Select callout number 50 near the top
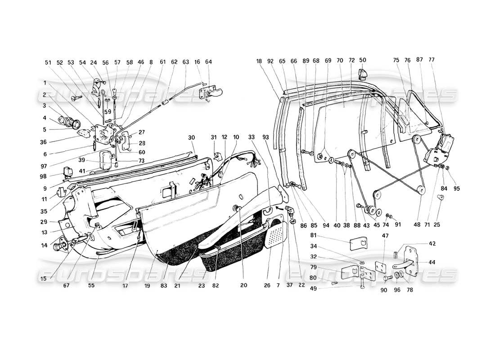click(363, 60)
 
